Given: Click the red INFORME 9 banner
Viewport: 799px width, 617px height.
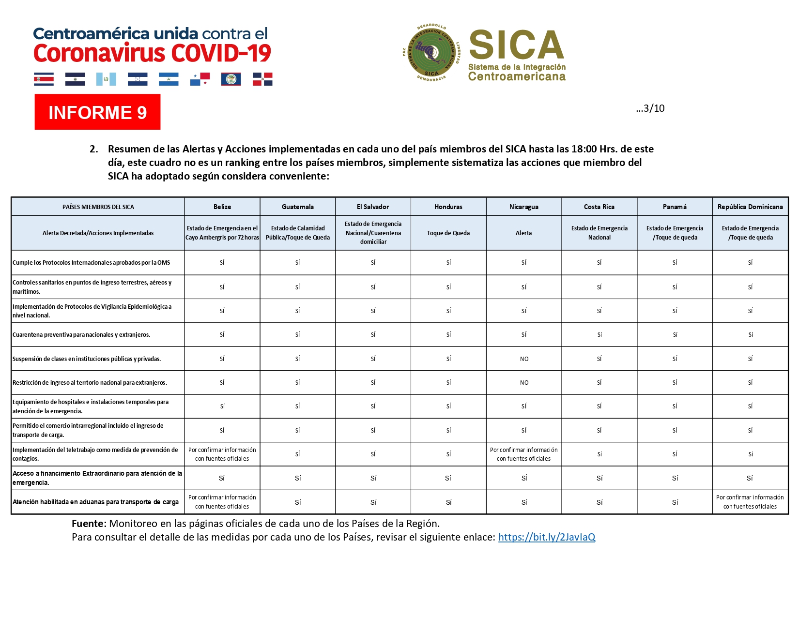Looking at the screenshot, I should point(97,112).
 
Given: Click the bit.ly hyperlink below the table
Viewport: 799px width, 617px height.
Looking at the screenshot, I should point(546,537).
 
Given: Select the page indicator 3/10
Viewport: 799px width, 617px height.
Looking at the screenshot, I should point(650,108).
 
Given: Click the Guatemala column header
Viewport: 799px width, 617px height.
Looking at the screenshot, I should point(297,207).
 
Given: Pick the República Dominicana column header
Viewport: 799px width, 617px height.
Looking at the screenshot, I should point(750,207).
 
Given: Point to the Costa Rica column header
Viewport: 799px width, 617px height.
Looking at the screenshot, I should point(599,207).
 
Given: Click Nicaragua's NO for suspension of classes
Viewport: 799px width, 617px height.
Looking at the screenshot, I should point(524,359).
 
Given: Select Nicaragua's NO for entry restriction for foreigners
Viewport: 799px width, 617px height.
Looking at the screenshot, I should point(524,382).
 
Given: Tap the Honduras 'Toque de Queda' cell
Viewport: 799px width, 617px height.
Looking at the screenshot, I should point(448,233).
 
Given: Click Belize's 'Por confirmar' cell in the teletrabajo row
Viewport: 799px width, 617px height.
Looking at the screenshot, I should point(222,454).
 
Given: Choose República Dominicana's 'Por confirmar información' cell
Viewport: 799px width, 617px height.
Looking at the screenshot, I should point(750,502).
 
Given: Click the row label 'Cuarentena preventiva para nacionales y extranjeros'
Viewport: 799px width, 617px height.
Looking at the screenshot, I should point(81,334).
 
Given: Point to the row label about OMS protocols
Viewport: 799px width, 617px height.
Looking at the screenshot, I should point(92,262).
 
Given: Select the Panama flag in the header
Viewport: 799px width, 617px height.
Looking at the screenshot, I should point(200,79).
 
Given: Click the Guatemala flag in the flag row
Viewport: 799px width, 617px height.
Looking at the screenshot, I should point(106,79).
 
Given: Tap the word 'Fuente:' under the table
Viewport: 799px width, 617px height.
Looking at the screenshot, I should point(89,523).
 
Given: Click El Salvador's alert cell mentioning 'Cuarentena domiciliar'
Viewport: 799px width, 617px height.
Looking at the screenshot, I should point(373,233).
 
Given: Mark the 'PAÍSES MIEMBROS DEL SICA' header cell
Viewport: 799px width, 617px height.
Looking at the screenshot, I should point(98,207).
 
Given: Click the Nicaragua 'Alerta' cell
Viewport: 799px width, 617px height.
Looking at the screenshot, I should point(523,233).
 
